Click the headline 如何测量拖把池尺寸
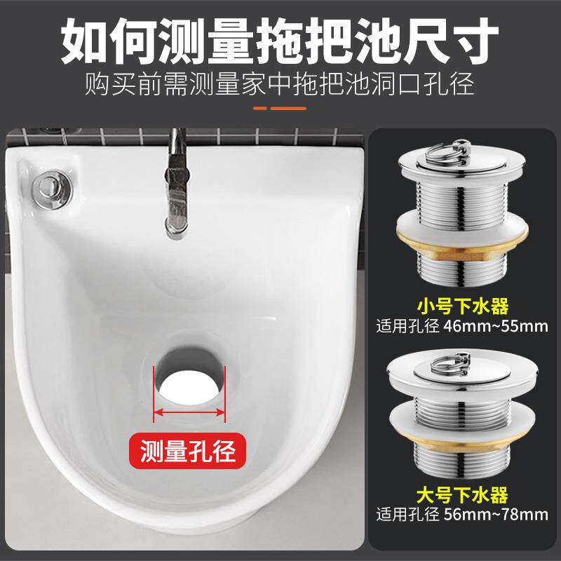[280, 41]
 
